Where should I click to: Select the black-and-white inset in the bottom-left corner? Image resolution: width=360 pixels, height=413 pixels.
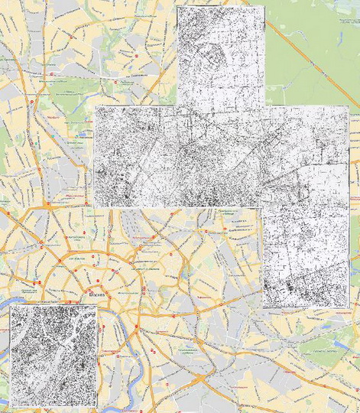click(x=53, y=355)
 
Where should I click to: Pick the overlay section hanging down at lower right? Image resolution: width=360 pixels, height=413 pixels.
click(x=305, y=256)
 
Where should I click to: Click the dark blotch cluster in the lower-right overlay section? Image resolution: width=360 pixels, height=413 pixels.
click(x=290, y=288)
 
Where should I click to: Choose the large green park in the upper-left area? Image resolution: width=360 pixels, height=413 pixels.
click(x=76, y=84)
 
